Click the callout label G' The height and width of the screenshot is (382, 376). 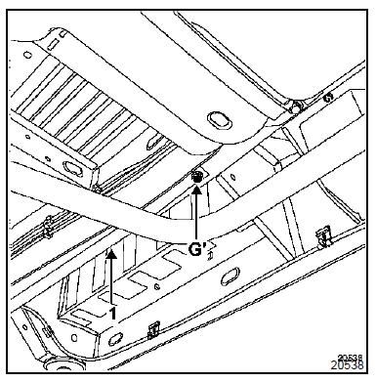pos(198,249)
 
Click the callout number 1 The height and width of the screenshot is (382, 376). pos(112,314)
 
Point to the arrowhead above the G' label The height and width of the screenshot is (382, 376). pos(196,189)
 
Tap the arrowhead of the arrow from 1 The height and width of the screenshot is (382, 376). pos(111,254)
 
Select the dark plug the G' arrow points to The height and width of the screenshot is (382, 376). pos(196,178)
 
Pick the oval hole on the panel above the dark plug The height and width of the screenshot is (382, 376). pos(220,119)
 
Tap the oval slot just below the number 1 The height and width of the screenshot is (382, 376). pos(114,339)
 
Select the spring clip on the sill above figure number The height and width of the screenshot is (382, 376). pos(324,235)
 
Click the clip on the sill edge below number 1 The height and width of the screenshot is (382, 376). pos(153,330)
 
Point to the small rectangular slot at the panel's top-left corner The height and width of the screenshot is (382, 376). pos(54,44)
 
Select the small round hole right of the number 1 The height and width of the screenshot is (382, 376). pos(157,286)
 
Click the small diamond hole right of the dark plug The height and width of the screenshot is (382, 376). pos(232,177)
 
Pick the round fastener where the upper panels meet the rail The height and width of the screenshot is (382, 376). pos(296,106)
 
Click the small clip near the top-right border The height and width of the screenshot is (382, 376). pos(328,96)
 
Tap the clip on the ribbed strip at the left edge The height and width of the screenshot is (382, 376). pos(48,226)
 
